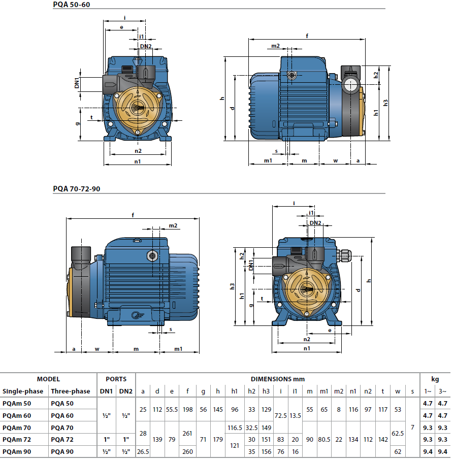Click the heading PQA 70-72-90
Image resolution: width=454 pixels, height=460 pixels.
[77, 189]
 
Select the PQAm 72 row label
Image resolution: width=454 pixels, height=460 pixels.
[17, 439]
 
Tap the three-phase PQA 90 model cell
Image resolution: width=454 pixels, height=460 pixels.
[62, 451]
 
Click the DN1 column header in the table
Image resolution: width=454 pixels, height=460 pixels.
[106, 391]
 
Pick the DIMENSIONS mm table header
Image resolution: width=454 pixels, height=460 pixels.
[277, 379]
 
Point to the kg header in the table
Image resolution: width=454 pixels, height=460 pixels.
[435, 379]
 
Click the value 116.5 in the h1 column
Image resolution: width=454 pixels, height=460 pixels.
[235, 428]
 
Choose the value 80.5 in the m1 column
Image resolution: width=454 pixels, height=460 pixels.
[324, 439]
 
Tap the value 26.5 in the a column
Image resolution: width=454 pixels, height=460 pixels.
[143, 451]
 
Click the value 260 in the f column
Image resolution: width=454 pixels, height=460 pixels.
[188, 451]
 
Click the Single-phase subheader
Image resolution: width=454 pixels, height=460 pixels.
[23, 391]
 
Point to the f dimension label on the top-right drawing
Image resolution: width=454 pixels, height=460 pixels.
[307, 36]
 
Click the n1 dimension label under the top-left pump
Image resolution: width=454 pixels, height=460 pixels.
[138, 161]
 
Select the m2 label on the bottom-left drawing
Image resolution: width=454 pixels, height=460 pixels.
[173, 225]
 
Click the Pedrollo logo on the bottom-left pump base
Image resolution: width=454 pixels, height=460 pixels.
[135, 315]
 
